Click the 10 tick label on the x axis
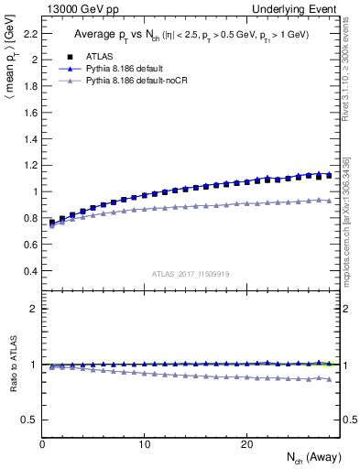(144, 444)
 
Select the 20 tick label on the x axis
(245, 444)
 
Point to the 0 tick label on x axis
(42, 444)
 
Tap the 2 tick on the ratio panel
(31, 309)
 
